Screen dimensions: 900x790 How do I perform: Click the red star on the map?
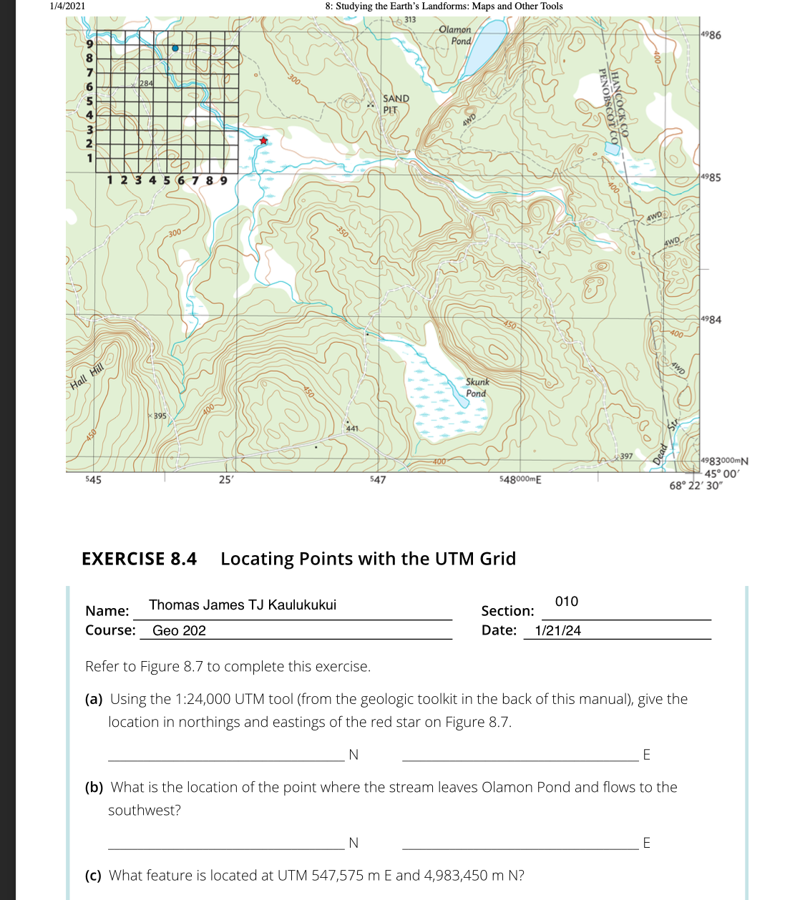point(263,141)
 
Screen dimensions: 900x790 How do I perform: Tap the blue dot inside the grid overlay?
point(175,49)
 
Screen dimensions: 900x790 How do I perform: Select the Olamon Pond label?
point(455,35)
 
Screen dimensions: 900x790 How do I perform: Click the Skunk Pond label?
point(477,388)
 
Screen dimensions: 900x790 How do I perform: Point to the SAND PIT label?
point(396,104)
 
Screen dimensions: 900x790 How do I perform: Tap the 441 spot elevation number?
point(352,429)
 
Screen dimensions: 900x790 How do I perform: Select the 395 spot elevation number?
point(160,416)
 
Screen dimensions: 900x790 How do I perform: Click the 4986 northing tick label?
point(711,35)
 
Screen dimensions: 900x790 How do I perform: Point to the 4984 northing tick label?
point(711,319)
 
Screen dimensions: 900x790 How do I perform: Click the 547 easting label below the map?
point(378,479)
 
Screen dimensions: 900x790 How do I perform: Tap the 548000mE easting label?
point(520,479)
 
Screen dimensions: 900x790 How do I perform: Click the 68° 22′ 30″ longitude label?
point(696,486)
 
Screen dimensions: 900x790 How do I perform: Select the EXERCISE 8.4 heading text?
point(139,559)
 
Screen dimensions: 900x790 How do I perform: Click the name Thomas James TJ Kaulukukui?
point(243,605)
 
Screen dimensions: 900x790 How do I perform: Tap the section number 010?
point(566,602)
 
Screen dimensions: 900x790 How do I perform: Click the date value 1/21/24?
point(558,631)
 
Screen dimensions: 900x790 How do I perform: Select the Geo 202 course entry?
point(179,631)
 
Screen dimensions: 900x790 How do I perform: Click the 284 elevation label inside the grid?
point(145,84)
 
